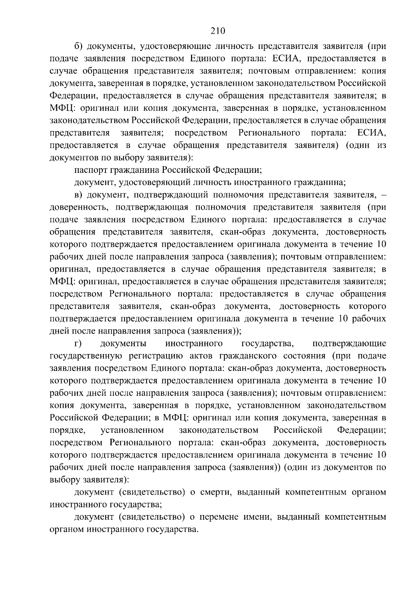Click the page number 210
point(218,31)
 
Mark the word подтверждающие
point(349,344)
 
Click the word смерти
point(216,492)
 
